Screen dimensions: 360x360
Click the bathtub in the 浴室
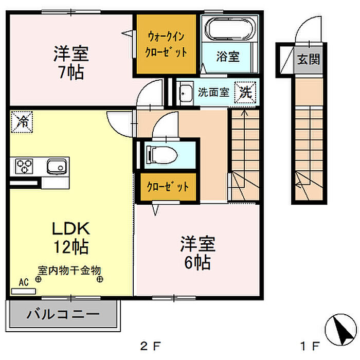coord(230,29)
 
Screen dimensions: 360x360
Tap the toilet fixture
coord(162,155)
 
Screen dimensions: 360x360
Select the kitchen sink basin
coord(57,167)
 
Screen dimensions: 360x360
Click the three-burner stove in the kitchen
coord(24,166)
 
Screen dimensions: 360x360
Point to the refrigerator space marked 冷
coord(22,122)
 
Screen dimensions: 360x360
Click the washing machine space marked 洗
coord(245,93)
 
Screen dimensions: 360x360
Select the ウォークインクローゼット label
coord(166,44)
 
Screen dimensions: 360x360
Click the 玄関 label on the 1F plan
coord(309,60)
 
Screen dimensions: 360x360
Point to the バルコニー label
coord(63,314)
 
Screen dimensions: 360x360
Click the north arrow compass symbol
coord(340,329)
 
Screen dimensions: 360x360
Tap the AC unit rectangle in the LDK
coord(24,291)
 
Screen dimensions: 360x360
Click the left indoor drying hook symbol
coord(38,279)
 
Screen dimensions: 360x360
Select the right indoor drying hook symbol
coord(100,279)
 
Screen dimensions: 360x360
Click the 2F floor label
coord(150,346)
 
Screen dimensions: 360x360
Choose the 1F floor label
coord(310,346)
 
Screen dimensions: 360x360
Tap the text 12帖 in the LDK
coord(71,246)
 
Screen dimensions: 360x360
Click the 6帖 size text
coord(197,262)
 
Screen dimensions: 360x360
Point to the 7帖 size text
coord(71,72)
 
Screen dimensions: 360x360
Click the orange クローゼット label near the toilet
coord(168,187)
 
